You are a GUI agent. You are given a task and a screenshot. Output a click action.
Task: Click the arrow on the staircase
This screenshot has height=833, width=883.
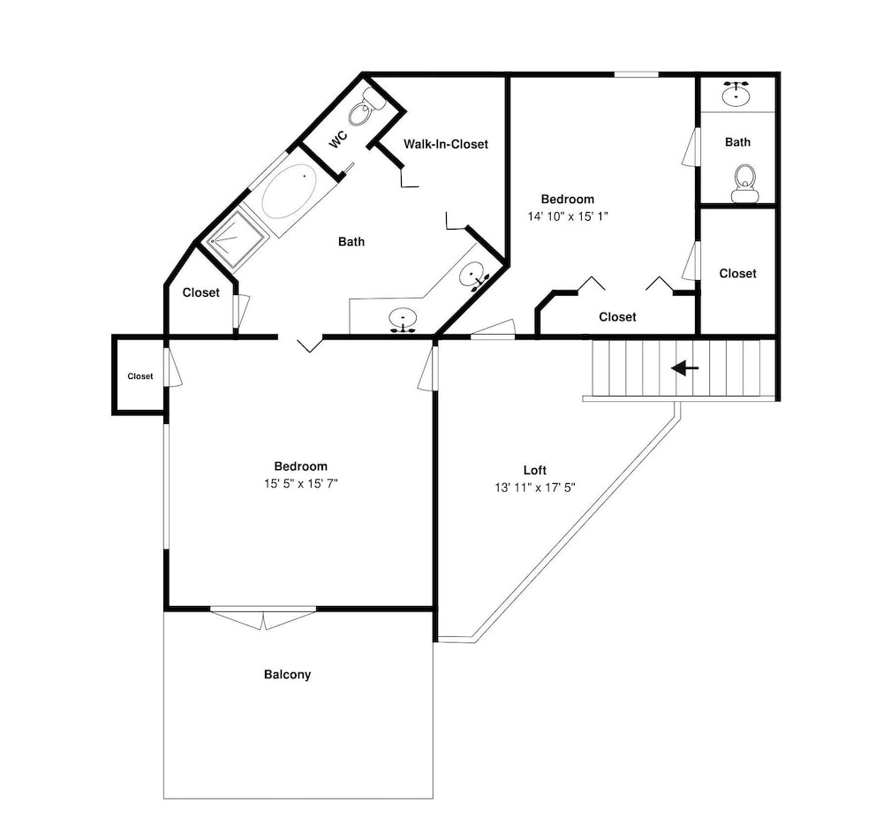pyautogui.click(x=685, y=368)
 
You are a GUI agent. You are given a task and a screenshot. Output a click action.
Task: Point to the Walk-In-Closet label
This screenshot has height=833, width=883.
pyautogui.click(x=445, y=144)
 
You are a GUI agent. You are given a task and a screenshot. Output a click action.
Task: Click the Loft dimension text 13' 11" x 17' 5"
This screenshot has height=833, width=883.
pyautogui.click(x=535, y=488)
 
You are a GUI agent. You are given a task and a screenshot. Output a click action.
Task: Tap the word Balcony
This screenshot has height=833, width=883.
pyautogui.click(x=287, y=674)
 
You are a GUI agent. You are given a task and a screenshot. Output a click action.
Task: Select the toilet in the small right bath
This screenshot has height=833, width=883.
pyautogui.click(x=745, y=184)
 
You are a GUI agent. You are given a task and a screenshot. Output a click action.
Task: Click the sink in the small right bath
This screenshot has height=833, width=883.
pyautogui.click(x=736, y=94)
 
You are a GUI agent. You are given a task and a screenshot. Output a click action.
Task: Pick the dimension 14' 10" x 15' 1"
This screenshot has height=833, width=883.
pyautogui.click(x=568, y=216)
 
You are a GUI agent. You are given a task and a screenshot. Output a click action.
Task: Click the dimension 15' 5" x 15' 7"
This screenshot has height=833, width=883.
pyautogui.click(x=301, y=483)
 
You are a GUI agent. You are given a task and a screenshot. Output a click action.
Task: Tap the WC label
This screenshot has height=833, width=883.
pyautogui.click(x=338, y=139)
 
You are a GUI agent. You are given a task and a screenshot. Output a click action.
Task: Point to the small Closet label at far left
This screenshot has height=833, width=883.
pyautogui.click(x=140, y=376)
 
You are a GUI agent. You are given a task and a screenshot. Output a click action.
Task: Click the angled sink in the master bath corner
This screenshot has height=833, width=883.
pyautogui.click(x=473, y=276)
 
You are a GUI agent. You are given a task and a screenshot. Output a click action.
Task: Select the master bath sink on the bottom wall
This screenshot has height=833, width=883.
pyautogui.click(x=404, y=320)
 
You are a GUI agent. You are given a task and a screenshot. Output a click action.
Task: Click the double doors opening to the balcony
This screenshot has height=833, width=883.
pyautogui.click(x=263, y=617)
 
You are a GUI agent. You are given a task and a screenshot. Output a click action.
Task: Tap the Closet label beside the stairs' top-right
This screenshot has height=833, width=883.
pyautogui.click(x=737, y=273)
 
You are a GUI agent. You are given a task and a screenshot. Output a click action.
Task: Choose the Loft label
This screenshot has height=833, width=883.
pyautogui.click(x=535, y=470)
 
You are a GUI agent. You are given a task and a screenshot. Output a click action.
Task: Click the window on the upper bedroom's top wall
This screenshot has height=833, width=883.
pyautogui.click(x=637, y=74)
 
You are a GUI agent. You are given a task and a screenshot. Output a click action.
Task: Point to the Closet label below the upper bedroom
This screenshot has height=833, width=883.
pyautogui.click(x=617, y=317)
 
